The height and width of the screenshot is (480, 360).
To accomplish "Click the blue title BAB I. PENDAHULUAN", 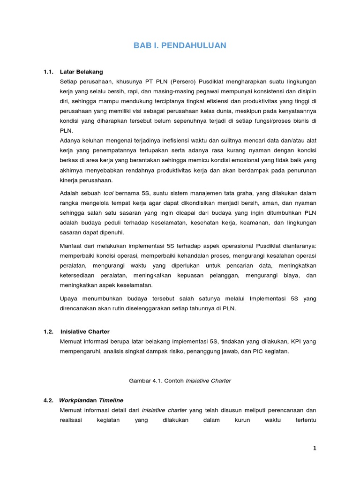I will pos(180,45).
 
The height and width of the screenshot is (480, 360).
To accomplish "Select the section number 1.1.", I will pos(48,72).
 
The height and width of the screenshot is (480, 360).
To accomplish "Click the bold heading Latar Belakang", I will pos(82,72).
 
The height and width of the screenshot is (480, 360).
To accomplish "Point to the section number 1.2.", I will pos(48,331).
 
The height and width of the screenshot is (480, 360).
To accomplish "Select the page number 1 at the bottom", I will pos(315,448).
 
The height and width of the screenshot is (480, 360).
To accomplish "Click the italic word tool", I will pos(109,193).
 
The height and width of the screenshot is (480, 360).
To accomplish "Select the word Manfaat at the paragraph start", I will pos(71,246).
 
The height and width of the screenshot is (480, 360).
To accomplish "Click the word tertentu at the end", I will pos(304,420).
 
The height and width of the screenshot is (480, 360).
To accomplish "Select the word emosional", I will pos(224,160).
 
